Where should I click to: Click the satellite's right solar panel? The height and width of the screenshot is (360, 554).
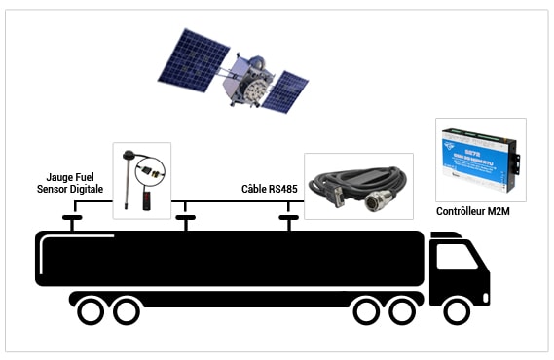[x=284, y=90]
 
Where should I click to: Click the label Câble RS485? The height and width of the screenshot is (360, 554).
[x=269, y=189]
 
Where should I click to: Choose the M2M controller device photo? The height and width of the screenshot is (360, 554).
[x=479, y=159]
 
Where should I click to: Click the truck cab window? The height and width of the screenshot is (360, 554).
[x=456, y=255]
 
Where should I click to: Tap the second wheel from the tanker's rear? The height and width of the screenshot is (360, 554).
[x=126, y=311]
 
